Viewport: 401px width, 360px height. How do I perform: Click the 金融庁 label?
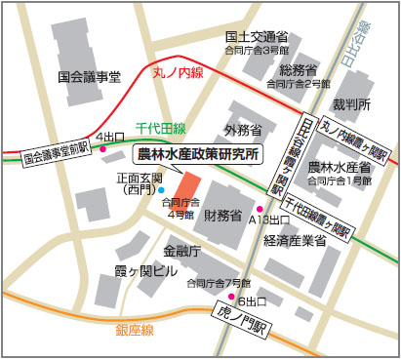coord(181,251)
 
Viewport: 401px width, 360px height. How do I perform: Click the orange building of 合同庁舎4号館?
coord(186,184)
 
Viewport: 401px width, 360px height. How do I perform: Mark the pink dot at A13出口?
coord(259,208)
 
